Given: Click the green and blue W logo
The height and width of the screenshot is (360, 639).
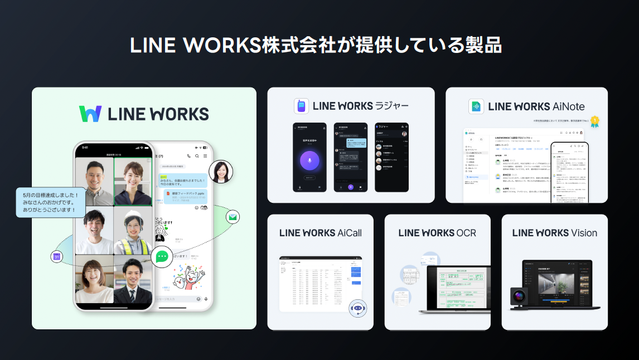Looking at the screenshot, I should pos(90,114).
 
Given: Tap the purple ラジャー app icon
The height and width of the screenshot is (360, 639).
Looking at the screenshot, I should pos(302,106).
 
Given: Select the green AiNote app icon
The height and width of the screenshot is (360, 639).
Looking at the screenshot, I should pos(477,106).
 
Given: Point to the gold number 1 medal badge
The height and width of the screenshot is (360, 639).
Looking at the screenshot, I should pos(595,120).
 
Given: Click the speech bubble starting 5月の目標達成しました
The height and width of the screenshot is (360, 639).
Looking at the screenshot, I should pos(51,202).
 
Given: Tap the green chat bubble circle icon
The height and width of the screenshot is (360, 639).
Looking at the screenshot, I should pos(162,256).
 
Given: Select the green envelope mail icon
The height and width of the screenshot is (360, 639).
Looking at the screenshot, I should pos(233,217).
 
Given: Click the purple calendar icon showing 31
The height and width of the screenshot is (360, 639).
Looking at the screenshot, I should pos(56,256).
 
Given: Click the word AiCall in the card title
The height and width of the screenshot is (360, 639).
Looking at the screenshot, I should pos(350,233).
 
